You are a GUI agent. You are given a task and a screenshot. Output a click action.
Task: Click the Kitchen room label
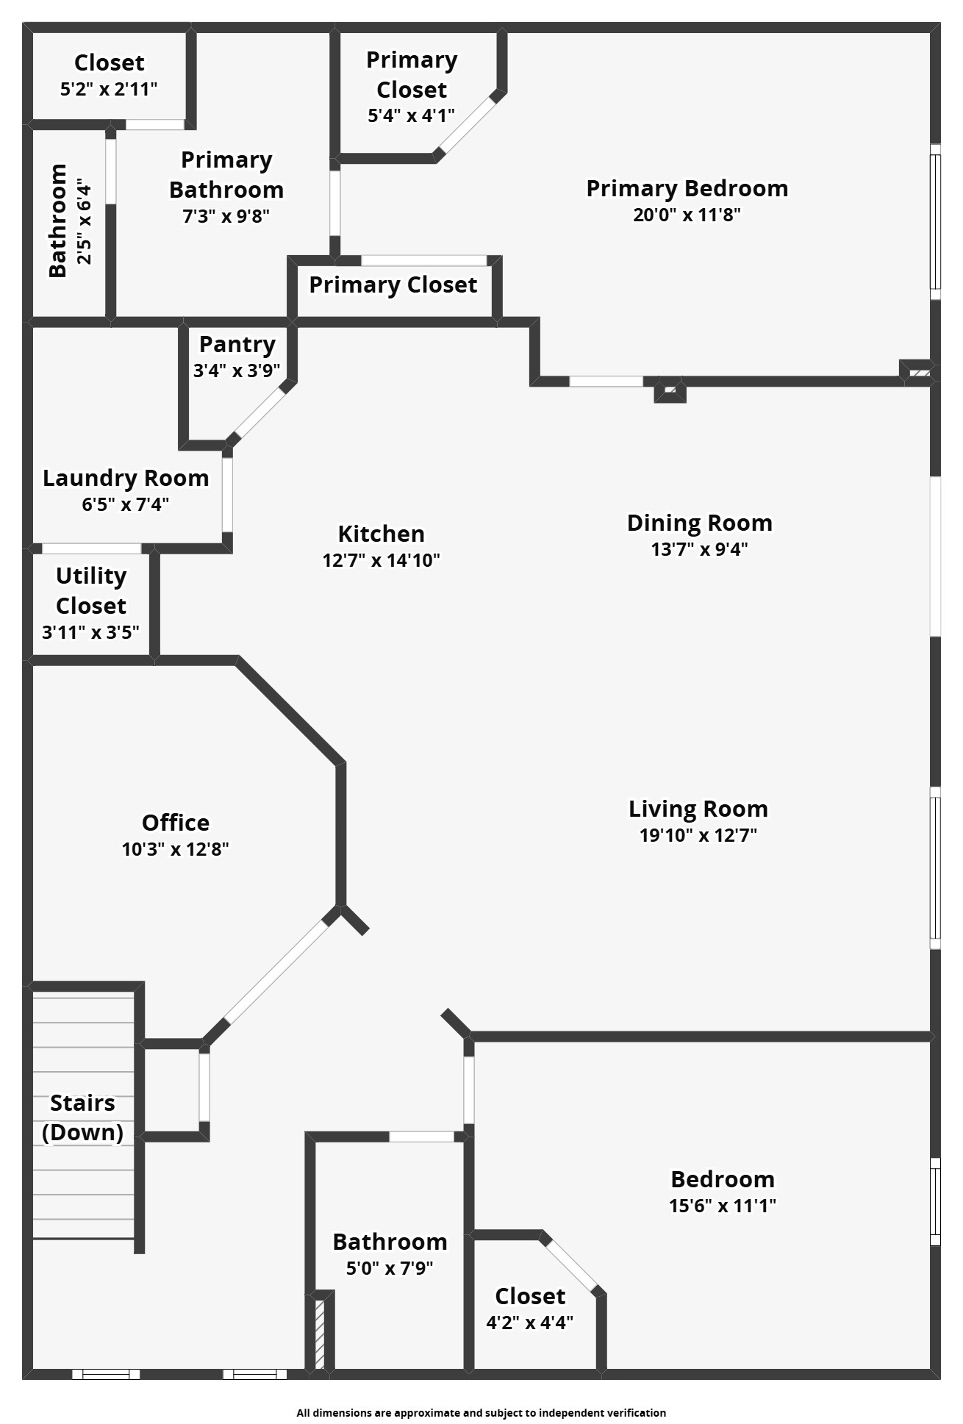(381, 534)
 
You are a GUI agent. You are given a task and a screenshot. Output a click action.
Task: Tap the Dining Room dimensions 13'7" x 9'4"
(699, 549)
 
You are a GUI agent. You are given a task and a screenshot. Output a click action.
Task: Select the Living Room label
(698, 809)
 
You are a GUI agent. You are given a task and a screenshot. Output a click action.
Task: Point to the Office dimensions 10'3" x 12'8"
(175, 849)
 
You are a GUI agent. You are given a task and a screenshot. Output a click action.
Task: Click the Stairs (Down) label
(82, 1117)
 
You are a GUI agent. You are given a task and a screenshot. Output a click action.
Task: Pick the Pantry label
(237, 344)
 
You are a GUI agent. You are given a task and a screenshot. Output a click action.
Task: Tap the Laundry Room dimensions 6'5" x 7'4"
(126, 504)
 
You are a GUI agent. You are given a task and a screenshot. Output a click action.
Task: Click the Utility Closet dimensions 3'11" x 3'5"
(90, 632)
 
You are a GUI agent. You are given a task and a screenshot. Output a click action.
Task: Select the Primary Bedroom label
(687, 188)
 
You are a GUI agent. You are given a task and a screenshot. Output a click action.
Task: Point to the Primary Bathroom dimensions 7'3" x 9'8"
(226, 216)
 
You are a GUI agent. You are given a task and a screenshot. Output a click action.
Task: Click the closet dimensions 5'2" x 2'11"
(109, 90)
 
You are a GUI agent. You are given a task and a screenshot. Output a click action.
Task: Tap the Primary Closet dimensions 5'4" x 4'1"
(411, 115)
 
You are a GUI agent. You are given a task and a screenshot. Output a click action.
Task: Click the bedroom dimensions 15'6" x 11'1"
(723, 1206)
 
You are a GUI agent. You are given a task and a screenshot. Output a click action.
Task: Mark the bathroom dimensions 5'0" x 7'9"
(390, 1268)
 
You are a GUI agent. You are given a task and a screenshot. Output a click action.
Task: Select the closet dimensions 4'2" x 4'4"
(529, 1323)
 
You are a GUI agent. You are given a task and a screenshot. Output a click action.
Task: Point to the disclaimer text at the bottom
(481, 1412)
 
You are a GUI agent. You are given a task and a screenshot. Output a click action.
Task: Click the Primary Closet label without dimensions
(393, 285)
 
